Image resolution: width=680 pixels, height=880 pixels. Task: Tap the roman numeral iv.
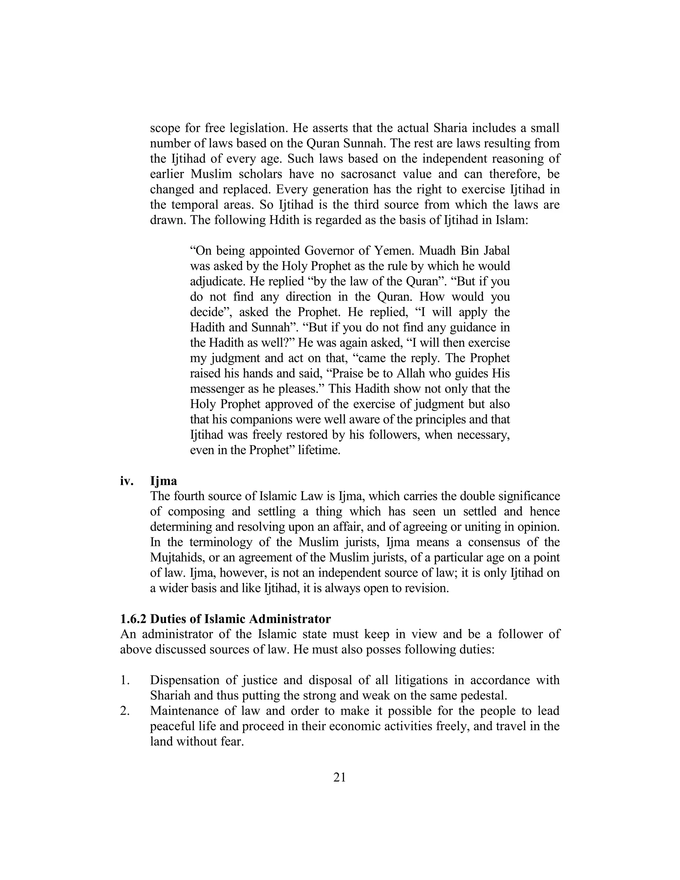coord(127,481)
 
